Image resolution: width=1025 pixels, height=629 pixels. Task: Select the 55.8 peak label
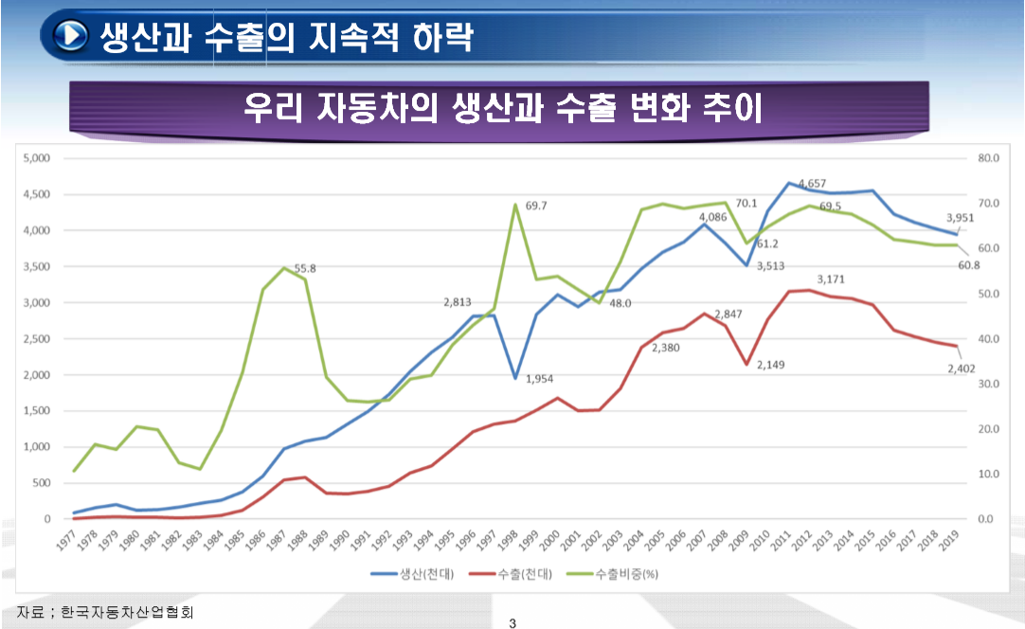click(x=305, y=269)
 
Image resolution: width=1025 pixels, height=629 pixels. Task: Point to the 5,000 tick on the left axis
click(x=36, y=158)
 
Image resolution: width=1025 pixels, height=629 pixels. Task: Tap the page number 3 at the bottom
click(x=512, y=622)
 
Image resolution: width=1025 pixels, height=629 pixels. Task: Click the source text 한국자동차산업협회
click(x=128, y=613)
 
